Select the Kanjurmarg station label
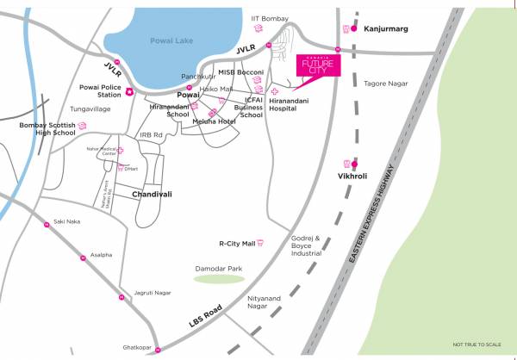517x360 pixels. click(x=385, y=28)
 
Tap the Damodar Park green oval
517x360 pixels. click(x=218, y=278)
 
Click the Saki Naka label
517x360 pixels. click(x=66, y=221)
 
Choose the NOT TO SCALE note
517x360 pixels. click(x=477, y=344)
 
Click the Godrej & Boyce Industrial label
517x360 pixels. click(x=306, y=245)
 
